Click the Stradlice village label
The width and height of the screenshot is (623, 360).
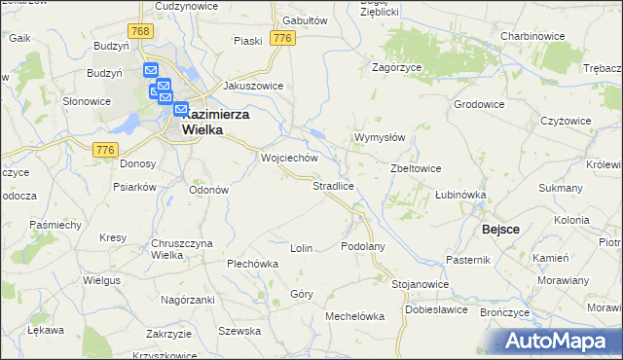pyautogui.click(x=332, y=185)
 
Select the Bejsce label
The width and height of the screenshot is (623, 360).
pyautogui.click(x=500, y=229)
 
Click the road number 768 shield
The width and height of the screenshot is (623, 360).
pyautogui.click(x=141, y=32)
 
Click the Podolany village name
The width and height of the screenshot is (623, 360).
pyautogui.click(x=363, y=246)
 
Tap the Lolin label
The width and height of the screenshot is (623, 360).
pyautogui.click(x=301, y=248)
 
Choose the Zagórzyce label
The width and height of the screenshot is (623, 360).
pyautogui.click(x=395, y=68)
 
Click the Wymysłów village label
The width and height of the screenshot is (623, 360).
pyautogui.click(x=379, y=137)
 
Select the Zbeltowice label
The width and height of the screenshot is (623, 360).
pyautogui.click(x=416, y=167)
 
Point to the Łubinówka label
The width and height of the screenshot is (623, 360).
pyautogui.click(x=459, y=195)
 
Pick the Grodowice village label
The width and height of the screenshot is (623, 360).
pyautogui.click(x=478, y=103)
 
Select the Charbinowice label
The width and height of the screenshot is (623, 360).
pyautogui.click(x=533, y=35)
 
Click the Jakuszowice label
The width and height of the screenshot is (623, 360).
pyautogui.click(x=253, y=86)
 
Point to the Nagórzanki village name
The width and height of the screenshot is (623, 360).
pyautogui.click(x=187, y=301)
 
